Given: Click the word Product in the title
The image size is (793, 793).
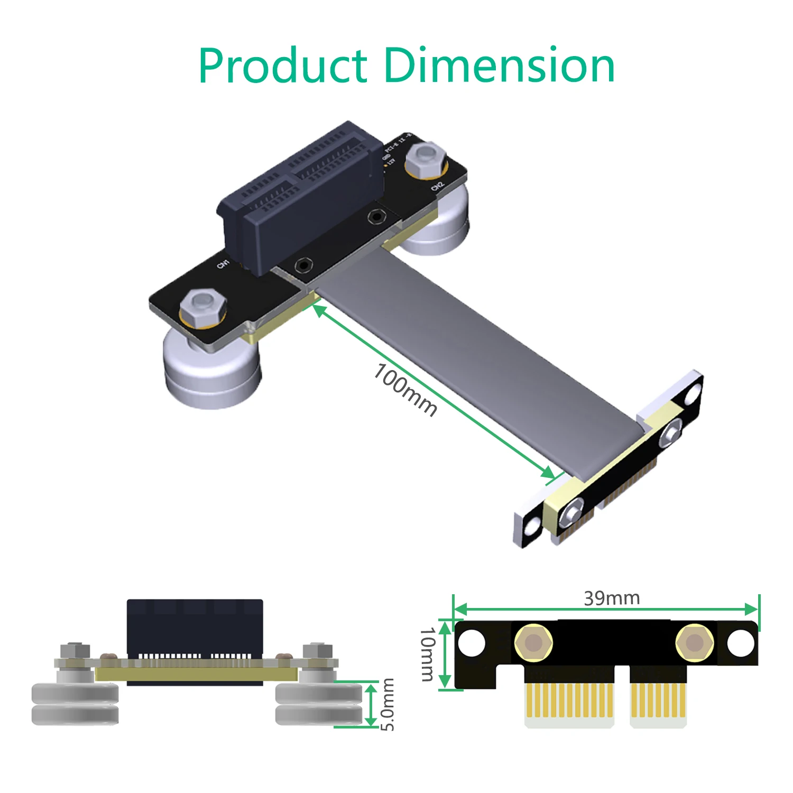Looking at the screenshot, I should [x=283, y=66].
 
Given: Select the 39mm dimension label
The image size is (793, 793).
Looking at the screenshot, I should [x=612, y=598].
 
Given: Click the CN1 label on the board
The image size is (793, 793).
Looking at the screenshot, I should [x=224, y=263].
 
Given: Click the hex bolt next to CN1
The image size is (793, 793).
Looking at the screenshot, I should [x=203, y=306].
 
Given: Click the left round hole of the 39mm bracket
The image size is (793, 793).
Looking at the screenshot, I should [x=471, y=643].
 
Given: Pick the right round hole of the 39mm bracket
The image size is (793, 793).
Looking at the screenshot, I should [x=741, y=643].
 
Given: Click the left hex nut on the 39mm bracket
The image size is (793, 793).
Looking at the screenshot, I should [x=533, y=643].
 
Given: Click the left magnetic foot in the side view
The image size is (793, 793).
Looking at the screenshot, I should [x=75, y=703].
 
